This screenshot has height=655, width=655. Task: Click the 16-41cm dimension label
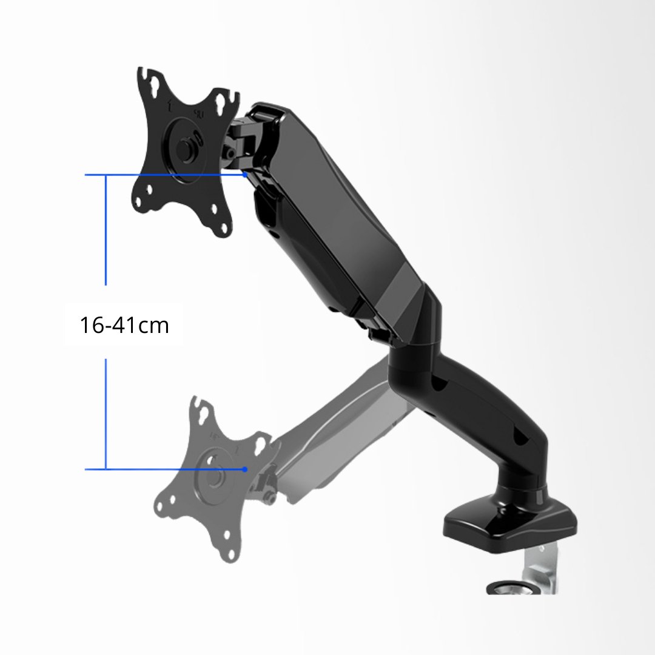124,326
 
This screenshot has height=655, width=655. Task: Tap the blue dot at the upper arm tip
244,175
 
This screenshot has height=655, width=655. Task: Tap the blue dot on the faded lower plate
244,469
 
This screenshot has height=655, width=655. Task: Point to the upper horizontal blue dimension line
164,175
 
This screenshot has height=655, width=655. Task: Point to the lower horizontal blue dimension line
164,469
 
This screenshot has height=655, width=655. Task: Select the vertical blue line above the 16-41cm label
106,230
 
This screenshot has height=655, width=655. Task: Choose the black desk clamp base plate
509,522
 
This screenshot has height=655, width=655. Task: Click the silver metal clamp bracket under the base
543,564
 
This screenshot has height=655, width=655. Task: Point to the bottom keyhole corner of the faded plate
229,552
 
